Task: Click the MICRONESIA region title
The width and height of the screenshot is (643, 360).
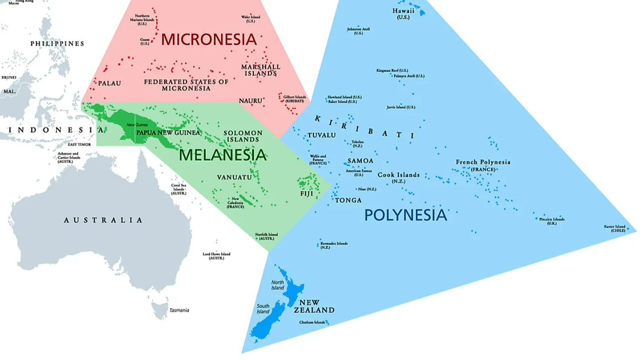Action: tap(209, 40)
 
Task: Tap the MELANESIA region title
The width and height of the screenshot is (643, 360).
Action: tap(222, 155)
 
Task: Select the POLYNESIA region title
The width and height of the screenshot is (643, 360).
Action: tap(405, 215)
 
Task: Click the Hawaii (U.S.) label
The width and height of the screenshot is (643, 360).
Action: tap(403, 14)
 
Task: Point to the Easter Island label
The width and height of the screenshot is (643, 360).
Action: tap(615, 228)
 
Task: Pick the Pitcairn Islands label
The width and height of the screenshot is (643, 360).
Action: tap(552, 221)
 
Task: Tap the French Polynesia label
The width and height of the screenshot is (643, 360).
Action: tap(483, 165)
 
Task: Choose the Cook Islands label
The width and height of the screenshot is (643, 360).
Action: tap(398, 177)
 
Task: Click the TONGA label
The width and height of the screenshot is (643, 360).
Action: tap(348, 200)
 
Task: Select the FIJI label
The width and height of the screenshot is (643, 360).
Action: tap(306, 194)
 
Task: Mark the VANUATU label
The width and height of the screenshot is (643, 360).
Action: tap(234, 178)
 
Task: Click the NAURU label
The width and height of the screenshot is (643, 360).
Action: tap(250, 101)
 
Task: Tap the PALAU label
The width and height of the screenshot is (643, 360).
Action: tap(109, 83)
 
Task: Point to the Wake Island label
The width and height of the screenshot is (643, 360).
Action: tap(251, 19)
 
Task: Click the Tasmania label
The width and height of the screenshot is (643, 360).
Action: tap(179, 310)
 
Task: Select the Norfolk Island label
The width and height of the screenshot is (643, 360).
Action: tap(266, 236)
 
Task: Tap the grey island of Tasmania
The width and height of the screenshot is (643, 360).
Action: tap(159, 310)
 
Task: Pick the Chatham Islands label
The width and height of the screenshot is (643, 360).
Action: tap(312, 323)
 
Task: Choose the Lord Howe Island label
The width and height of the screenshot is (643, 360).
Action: tap(216, 256)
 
